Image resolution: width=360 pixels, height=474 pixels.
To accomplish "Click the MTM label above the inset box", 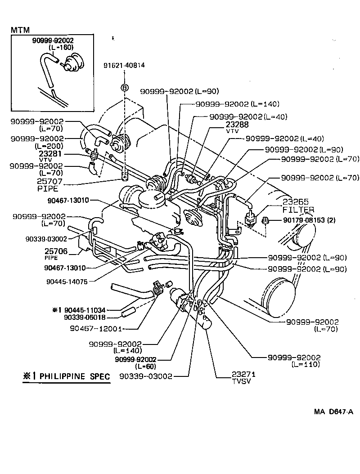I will tap(20, 30).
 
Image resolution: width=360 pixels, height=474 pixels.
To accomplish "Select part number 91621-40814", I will tap(124, 65).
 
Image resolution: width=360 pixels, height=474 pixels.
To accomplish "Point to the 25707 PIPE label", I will tap(50, 186).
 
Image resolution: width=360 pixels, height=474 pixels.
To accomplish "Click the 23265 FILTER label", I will tap(298, 206).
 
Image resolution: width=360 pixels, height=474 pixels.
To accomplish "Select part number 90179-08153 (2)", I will tap(309, 220).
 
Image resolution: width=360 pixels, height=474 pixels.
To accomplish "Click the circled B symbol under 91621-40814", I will tap(125, 88).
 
